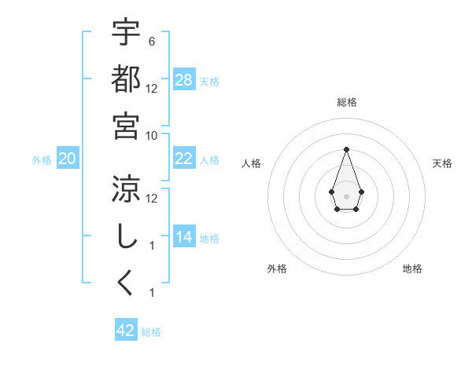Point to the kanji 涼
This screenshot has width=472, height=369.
tap(126, 188)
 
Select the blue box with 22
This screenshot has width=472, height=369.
tap(184, 159)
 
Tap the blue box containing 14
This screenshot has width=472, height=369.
tap(184, 237)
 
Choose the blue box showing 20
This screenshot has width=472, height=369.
tap(68, 159)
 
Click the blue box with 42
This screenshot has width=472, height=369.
tap(126, 331)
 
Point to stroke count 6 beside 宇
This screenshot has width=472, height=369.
tap(152, 41)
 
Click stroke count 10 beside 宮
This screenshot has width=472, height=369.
tap(152, 135)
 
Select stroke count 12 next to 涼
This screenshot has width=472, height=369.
tap(152, 198)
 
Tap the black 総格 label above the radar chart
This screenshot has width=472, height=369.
tap(347, 102)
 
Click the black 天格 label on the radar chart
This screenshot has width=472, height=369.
tap(442, 163)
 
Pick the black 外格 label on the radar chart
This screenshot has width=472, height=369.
tap(277, 269)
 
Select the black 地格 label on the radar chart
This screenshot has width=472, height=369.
tap(412, 269)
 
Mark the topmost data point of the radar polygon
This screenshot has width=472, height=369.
tap(346, 149)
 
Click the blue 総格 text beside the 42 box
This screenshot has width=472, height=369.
tap(151, 332)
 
